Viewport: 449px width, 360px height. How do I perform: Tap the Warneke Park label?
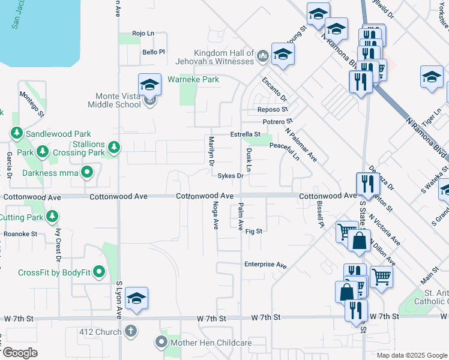193,79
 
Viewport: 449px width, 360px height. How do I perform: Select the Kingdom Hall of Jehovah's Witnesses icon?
262,56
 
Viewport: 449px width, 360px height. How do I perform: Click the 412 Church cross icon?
131,331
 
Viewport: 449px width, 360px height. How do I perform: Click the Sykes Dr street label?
230,176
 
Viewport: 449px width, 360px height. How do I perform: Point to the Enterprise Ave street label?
265,265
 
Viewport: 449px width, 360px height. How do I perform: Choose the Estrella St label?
245,134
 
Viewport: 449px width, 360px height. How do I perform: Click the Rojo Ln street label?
143,34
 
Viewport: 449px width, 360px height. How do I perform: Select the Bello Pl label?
153,52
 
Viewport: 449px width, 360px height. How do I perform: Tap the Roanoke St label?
20,234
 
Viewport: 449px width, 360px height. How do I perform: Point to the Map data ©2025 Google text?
412,355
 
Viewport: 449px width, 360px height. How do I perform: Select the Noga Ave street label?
215,215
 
